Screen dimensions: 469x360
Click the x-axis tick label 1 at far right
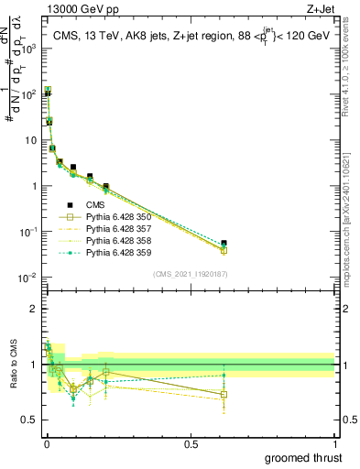334,443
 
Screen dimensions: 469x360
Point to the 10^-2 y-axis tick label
27,278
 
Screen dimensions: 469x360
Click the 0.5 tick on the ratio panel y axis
30,422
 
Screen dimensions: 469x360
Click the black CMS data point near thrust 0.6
224,244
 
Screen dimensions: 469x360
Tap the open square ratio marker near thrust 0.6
224,395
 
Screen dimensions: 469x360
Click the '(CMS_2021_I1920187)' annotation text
190,274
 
